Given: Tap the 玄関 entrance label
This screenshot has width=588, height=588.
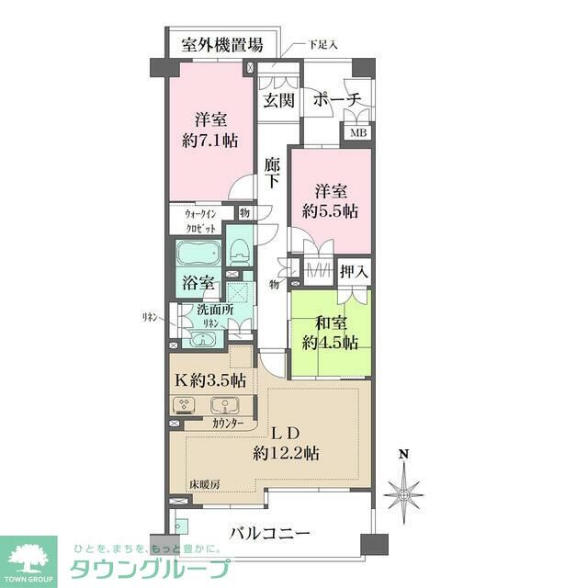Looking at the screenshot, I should (x=278, y=100).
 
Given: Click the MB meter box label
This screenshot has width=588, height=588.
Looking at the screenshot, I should (x=355, y=132).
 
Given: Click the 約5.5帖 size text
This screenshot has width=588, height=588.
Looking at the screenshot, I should (x=331, y=210).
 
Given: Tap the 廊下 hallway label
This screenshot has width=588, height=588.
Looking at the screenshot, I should (x=272, y=175).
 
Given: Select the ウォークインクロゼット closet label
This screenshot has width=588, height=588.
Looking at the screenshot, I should (x=201, y=221).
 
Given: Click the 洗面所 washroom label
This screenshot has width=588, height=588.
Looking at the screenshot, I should (x=214, y=311).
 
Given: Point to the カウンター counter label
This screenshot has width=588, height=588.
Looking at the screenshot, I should (x=227, y=424).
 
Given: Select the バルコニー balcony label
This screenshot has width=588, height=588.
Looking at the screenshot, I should (x=271, y=534).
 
